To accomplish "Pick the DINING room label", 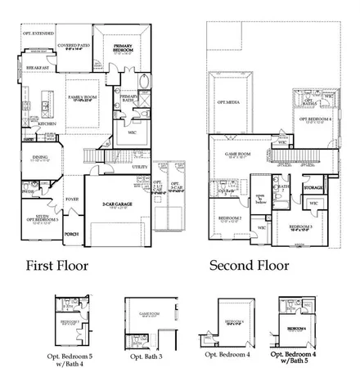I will tap(40, 157).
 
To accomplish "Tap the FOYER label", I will tap(72, 197).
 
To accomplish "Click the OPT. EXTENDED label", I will tap(36, 34).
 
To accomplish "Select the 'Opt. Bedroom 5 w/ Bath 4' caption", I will tap(70, 361).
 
